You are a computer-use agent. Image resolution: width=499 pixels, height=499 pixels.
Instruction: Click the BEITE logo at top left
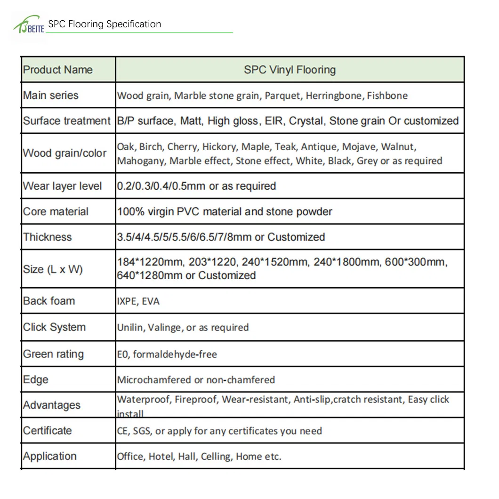(x=29, y=26)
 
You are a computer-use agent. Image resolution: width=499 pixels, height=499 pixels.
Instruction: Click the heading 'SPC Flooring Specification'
(x=105, y=24)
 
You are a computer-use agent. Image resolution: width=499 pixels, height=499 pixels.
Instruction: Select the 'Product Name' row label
(x=58, y=70)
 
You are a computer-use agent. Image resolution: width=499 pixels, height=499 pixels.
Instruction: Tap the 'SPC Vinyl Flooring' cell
(x=290, y=70)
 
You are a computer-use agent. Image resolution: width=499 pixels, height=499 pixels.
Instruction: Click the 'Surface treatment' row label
(x=67, y=121)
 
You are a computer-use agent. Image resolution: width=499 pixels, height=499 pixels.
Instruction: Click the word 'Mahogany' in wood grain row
(x=141, y=161)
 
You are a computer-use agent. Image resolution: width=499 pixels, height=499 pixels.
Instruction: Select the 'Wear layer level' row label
(x=63, y=186)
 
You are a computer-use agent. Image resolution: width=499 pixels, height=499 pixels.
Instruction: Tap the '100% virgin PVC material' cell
(x=225, y=211)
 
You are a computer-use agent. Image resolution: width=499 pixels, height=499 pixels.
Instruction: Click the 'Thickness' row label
(x=48, y=237)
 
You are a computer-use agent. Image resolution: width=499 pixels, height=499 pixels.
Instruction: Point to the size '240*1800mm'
(x=346, y=262)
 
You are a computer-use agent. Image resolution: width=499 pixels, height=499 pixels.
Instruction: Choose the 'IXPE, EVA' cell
(x=138, y=301)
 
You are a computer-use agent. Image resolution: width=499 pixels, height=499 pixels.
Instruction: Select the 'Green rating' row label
(x=54, y=354)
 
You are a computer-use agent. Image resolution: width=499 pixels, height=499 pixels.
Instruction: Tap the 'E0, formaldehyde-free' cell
(x=167, y=354)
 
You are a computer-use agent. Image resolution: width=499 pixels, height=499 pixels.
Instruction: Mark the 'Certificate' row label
(x=48, y=430)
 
